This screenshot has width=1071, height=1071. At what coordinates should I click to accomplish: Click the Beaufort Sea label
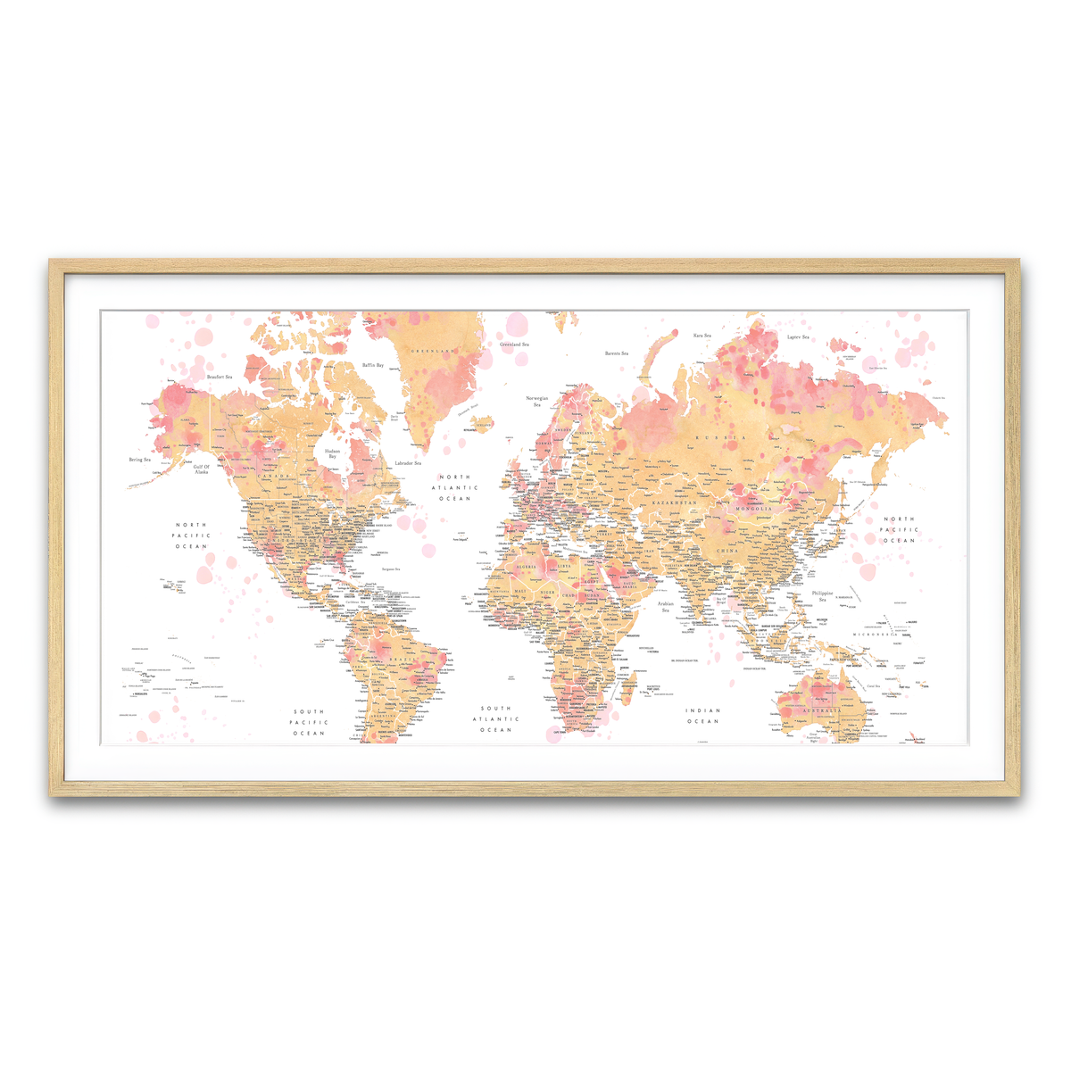coord(220,378)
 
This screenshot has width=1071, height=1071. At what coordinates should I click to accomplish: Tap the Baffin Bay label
coord(373,365)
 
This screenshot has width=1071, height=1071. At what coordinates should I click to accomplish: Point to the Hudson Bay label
coord(332,453)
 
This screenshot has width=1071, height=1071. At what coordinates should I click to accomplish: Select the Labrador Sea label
coord(408,463)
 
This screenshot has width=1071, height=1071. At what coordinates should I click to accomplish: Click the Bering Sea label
coord(139,460)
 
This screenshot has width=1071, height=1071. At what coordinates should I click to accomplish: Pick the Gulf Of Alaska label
coord(201,469)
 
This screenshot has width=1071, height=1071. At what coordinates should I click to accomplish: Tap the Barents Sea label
coord(617,353)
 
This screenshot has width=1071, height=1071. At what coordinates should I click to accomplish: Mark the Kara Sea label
coord(702,336)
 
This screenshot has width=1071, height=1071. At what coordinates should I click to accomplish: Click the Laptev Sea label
coord(798,337)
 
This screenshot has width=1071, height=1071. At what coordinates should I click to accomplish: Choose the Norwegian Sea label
coord(537,401)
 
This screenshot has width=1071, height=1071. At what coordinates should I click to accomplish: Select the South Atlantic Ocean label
coord(496,718)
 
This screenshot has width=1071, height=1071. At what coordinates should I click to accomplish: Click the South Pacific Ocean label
coord(309,722)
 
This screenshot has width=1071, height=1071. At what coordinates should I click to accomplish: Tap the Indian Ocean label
coord(702,716)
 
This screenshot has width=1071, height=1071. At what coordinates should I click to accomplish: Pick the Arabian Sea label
coord(665,607)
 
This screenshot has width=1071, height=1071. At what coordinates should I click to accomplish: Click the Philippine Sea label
coord(822,595)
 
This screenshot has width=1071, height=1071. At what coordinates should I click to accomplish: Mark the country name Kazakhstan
coord(673,503)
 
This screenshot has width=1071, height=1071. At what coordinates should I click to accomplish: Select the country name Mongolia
coord(753,509)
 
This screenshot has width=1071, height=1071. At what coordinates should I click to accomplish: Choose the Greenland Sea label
coord(514,345)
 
